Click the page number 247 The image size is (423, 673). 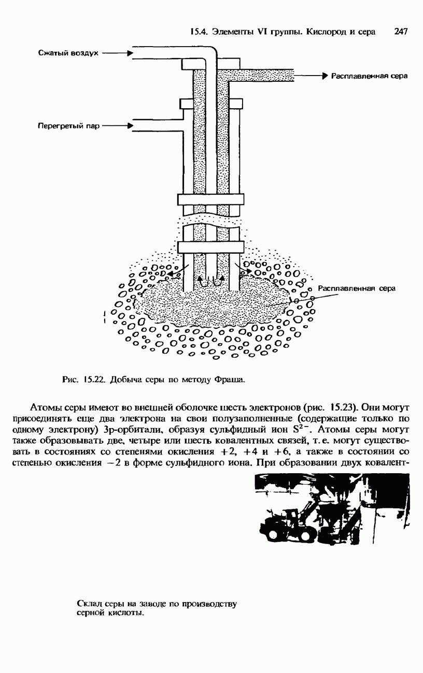tap(401, 32)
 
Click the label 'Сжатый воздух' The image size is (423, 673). tap(68, 53)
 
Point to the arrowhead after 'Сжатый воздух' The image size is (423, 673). tap(130, 53)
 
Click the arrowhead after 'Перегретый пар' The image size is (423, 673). tap(130, 125)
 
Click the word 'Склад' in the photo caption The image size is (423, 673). tap(87, 604)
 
